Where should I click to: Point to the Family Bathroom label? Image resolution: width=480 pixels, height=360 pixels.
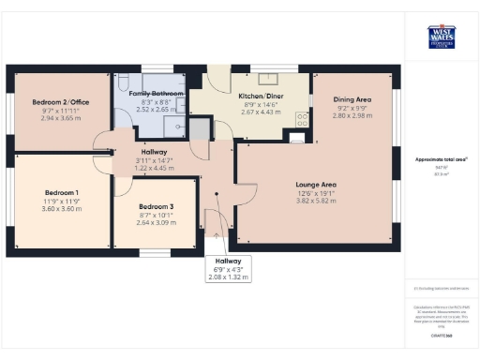pyautogui.click(x=151, y=95)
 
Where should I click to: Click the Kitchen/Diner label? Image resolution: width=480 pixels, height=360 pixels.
pyautogui.click(x=262, y=97)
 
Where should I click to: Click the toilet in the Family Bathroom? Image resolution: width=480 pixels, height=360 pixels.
pyautogui.click(x=124, y=82)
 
